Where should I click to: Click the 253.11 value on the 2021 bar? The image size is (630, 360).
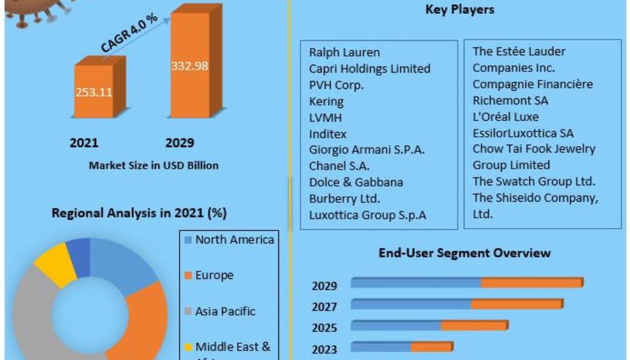tap(94, 92)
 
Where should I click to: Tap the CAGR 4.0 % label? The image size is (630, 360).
tap(129, 33)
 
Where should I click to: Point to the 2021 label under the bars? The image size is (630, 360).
tap(85, 143)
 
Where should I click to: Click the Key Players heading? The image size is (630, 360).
tap(460, 9)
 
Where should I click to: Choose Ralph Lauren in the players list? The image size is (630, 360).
tap(344, 52)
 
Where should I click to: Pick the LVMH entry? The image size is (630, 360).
tap(325, 118)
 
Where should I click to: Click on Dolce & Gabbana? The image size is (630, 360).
tap(356, 182)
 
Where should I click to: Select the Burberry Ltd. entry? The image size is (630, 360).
tap(344, 198)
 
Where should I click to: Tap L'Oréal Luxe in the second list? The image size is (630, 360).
tap(505, 116)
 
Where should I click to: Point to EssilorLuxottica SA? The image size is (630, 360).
tap(524, 133)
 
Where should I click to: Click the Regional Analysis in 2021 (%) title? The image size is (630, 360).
tap(139, 213)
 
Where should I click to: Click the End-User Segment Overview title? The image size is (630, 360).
tap(464, 253)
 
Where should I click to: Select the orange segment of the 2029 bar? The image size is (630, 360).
tap(532, 283)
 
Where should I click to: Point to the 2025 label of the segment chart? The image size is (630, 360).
tap(325, 328)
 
